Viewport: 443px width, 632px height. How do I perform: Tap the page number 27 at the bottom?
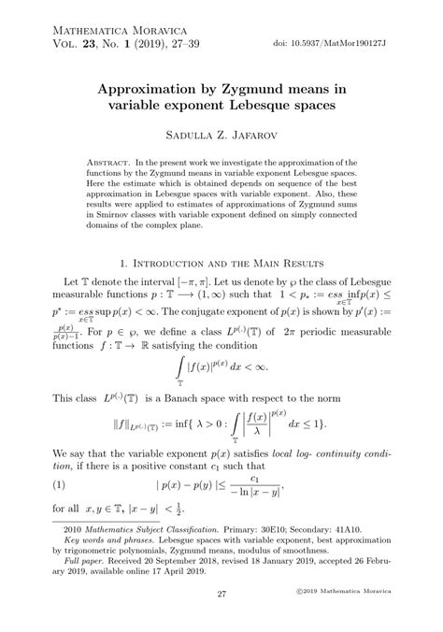221,593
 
